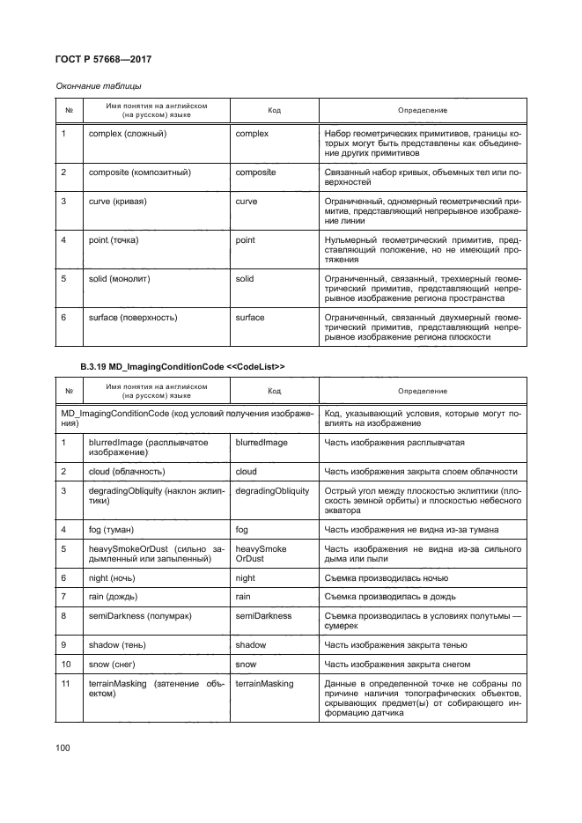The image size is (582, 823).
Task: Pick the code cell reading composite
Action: [x=255, y=172]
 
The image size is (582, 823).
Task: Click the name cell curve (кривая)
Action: [x=117, y=202]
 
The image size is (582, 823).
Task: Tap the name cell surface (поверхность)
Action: [x=133, y=317]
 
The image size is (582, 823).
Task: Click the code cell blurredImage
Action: [x=262, y=442]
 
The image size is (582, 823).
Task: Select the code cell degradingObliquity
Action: [x=272, y=490]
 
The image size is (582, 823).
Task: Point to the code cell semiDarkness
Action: [x=263, y=615]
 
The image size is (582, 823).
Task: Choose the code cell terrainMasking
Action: [x=265, y=683]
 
